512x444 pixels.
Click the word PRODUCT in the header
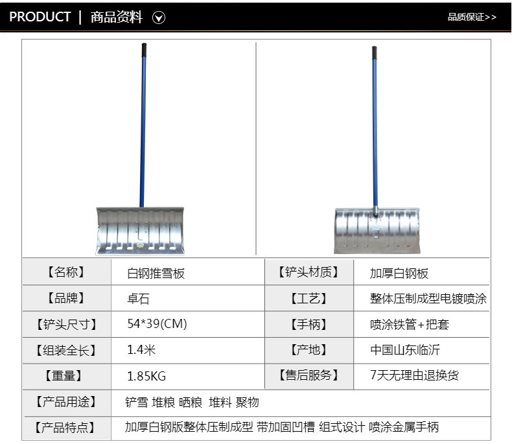point(40,18)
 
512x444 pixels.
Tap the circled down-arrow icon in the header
point(159,18)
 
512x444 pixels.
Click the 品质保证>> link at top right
point(472,18)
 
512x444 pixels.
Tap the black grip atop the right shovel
point(374,53)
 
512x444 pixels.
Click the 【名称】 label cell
point(66,272)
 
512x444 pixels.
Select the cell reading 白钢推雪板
point(156,273)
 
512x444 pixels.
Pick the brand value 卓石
point(138,299)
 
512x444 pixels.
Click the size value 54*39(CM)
point(157,324)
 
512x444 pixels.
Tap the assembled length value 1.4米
point(141,350)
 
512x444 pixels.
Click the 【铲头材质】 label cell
point(308,272)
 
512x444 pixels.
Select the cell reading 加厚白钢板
point(399,273)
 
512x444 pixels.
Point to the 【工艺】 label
point(308,299)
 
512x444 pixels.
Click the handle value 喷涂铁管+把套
point(410,324)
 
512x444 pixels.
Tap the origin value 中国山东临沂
point(405,350)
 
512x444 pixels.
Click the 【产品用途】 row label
point(66,402)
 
